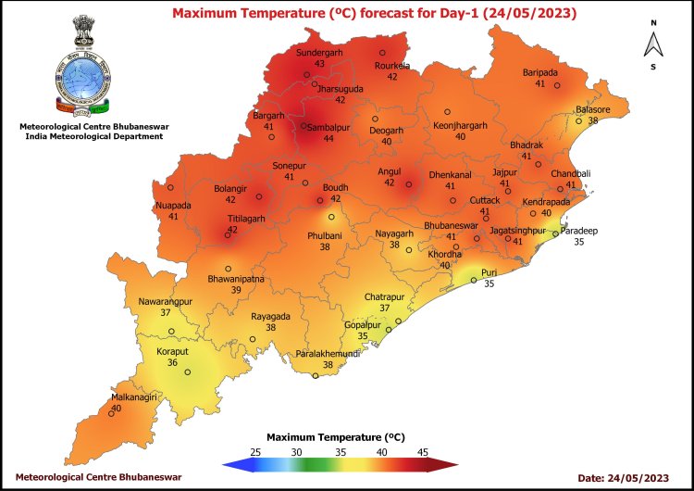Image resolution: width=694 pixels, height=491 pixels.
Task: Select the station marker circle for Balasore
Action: click(579, 120)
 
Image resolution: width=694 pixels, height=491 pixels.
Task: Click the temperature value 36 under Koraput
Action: click(172, 363)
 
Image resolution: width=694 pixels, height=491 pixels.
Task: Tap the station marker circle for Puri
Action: click(473, 281)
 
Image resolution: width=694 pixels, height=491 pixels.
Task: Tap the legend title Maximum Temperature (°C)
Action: click(336, 435)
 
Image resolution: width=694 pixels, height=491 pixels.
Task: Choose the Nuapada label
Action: click(173, 205)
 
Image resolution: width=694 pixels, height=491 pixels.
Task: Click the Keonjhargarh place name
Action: click(460, 125)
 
